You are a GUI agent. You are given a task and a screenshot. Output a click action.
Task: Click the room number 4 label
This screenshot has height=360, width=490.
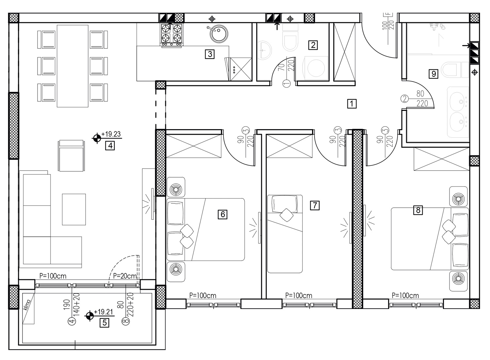coord(110,146)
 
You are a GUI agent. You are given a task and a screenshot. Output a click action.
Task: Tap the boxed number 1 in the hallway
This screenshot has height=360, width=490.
coord(352,104)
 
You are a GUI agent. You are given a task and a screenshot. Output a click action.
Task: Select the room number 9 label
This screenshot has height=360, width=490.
coord(433,74)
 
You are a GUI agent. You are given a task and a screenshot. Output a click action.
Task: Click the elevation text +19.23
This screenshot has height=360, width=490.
coord(111,134)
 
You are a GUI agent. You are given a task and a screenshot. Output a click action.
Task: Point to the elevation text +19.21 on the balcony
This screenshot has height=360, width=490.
coord(104,312)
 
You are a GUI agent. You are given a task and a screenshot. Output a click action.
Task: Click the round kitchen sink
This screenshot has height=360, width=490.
coord(219,34)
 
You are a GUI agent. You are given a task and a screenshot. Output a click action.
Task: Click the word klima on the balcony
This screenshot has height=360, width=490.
coord(27,304)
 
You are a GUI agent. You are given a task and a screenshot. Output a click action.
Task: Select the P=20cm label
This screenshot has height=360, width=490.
coord(125,276)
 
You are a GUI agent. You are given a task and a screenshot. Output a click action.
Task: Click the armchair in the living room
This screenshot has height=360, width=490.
coord(71,156)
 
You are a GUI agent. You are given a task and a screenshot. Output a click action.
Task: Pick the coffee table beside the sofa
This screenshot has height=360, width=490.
coord(74,209)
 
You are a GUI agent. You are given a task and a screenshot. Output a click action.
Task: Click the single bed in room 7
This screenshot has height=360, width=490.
coord(285,234)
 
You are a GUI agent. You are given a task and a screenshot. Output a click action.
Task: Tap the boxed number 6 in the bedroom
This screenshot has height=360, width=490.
coord(223,214)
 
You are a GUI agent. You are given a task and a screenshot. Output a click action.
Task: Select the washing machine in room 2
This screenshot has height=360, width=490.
coord(316,68)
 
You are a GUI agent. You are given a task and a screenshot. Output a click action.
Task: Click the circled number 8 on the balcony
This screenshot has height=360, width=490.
coord(125,321)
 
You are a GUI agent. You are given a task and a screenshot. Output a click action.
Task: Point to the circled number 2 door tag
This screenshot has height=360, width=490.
coord(404,99)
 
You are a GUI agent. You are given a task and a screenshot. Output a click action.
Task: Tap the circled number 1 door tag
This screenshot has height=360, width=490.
coord(286,83)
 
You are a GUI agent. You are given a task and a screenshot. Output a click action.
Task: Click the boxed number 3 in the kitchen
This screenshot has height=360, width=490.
coord(210,54)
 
